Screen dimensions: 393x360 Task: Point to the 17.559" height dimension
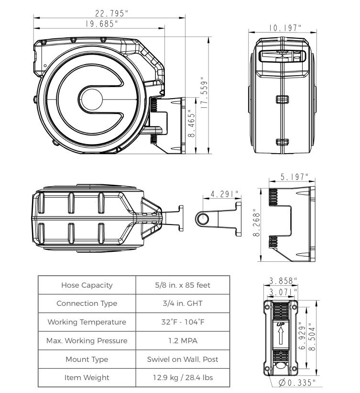click(205, 95)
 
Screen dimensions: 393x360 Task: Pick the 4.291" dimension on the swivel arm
click(224, 194)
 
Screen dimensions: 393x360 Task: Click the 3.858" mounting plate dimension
click(281, 280)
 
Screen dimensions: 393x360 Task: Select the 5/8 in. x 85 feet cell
click(183, 285)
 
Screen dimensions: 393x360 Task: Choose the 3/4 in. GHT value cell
click(183, 304)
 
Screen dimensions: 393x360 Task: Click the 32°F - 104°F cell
click(183, 323)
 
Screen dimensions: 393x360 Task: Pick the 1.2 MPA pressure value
click(183, 341)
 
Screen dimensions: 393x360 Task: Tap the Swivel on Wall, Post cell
click(183, 359)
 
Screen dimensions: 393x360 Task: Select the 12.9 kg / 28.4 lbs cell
click(183, 378)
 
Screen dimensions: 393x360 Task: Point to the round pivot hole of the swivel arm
click(203, 219)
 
